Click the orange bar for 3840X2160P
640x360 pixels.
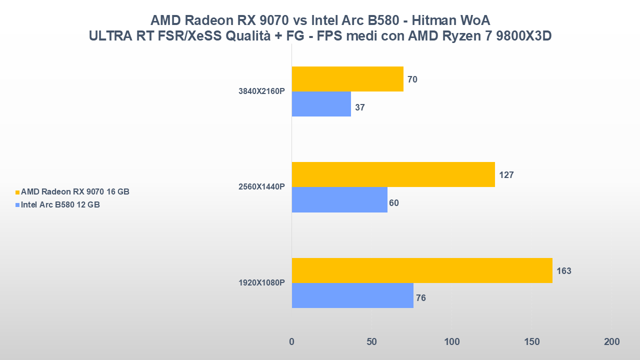[347, 79]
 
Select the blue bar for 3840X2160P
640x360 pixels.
[321, 104]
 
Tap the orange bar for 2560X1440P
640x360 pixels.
[393, 174]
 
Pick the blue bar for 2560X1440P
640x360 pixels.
[339, 199]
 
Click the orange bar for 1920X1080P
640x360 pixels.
[422, 270]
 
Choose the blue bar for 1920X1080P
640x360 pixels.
[352, 295]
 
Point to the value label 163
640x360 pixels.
[563, 271]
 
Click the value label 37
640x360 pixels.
[360, 107]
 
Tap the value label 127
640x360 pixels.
[506, 175]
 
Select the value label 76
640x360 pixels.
[420, 298]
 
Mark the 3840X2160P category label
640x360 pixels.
[261, 91]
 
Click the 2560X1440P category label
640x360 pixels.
[261, 187]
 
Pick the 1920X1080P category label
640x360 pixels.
[261, 283]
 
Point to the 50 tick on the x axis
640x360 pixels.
[371, 342]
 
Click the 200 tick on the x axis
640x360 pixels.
[611, 342]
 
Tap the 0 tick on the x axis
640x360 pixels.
[292, 342]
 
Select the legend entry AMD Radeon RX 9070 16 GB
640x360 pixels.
[74, 192]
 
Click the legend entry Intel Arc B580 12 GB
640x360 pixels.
[60, 204]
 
